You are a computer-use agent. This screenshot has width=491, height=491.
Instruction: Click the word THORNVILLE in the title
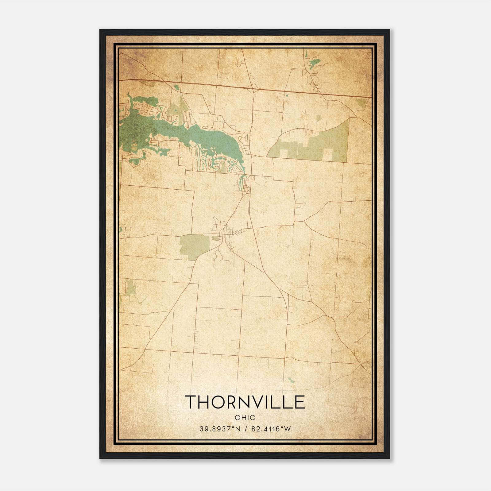pos(245,402)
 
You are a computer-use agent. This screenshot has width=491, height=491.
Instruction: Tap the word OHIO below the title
pos(245,417)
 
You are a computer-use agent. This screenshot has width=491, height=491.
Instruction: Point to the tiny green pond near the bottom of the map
pos(291,381)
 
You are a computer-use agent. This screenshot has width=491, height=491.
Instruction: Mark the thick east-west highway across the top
pos(245,87)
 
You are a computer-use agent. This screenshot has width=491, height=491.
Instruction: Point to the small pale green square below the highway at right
pos(319,118)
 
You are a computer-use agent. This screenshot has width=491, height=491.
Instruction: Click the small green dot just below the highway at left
pos(176,87)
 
